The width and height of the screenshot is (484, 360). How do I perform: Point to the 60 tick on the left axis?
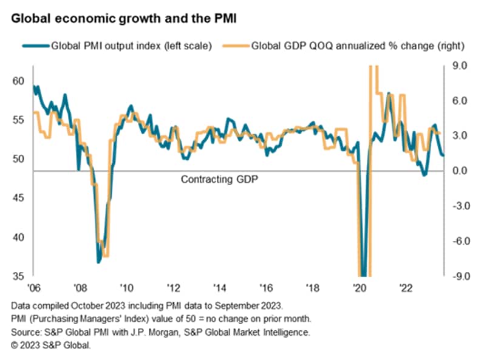(x=18, y=81)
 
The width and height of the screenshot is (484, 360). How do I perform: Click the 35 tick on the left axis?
(x=18, y=276)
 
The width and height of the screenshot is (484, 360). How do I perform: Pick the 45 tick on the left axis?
(x=18, y=198)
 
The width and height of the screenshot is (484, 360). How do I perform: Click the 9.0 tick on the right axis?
(x=456, y=66)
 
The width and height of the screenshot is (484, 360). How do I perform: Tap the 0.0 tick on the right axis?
(x=456, y=171)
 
